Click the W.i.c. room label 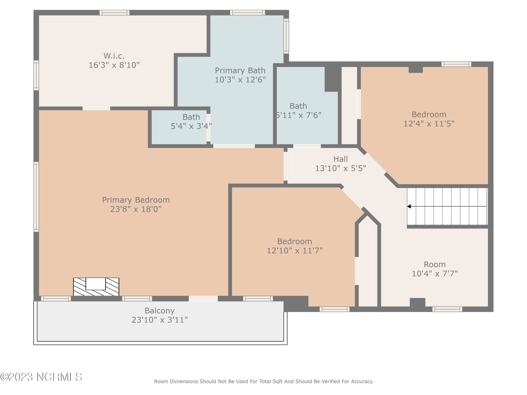click(x=114, y=56)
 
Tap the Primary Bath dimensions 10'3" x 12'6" click(x=240, y=80)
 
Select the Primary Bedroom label click(x=136, y=200)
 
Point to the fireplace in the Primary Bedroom click(x=96, y=287)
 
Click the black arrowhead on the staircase click(x=409, y=206)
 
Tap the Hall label click(x=341, y=159)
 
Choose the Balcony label click(x=159, y=311)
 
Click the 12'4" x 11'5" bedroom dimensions click(x=429, y=124)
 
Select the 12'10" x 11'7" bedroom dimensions click(x=294, y=250)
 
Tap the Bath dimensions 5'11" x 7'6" click(x=298, y=115)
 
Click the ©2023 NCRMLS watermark click(x=41, y=377)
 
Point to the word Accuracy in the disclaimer click(x=362, y=381)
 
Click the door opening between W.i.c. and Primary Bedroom click(x=96, y=108)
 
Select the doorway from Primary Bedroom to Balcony click(x=203, y=299)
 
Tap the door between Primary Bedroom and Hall click(x=286, y=166)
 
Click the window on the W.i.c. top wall click(x=115, y=13)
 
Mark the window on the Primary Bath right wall click(x=286, y=36)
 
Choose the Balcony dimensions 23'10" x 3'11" click(x=159, y=320)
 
